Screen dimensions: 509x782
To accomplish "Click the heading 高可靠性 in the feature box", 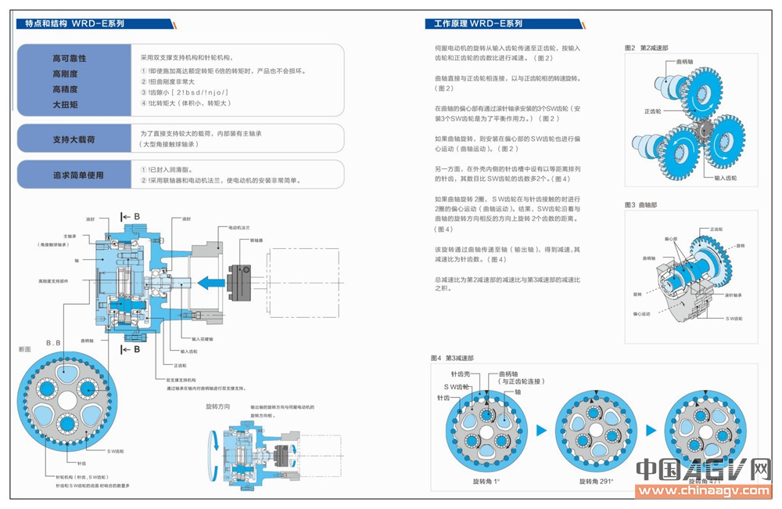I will (x=69, y=59).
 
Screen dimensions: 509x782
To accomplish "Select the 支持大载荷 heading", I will (x=74, y=139).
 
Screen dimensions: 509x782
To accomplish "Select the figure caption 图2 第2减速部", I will (x=646, y=48).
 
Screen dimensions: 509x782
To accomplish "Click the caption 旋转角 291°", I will (x=596, y=480).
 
